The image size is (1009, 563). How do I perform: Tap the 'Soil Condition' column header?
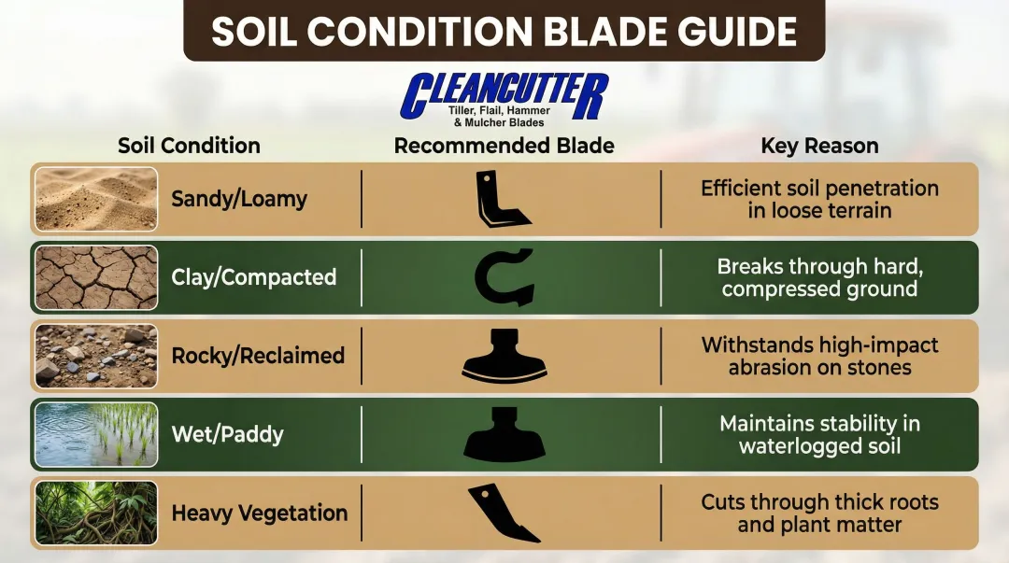[189, 146]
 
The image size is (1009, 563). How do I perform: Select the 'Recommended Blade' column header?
[504, 146]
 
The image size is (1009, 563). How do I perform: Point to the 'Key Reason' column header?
[819, 146]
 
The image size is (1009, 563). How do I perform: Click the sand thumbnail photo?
[96, 199]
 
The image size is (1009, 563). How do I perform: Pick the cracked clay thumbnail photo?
[96, 277]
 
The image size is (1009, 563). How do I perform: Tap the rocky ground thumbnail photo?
[96, 356]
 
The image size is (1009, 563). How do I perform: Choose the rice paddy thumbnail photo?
[96, 434]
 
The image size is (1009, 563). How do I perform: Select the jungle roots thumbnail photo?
[96, 513]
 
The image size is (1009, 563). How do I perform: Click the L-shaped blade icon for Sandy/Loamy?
[500, 199]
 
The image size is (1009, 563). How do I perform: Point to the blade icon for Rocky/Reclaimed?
[504, 356]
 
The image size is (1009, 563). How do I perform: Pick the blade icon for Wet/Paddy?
[504, 434]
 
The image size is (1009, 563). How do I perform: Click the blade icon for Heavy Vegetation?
[503, 513]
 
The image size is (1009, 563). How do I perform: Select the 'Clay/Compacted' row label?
[253, 277]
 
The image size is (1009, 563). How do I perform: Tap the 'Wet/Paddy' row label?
[227, 434]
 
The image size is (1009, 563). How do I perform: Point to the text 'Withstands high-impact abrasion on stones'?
[819, 356]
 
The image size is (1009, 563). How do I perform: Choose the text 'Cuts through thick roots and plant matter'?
[819, 513]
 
